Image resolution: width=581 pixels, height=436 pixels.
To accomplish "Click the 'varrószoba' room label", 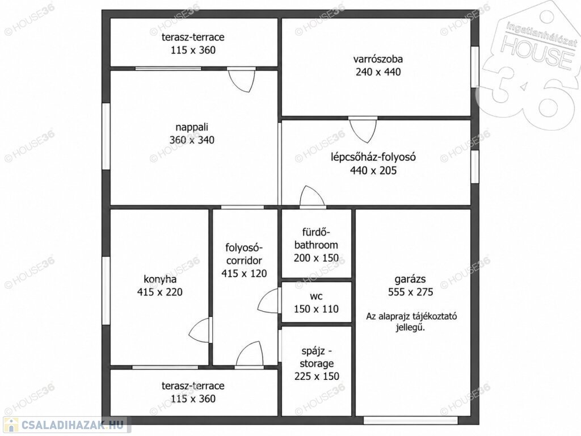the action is click(378, 59).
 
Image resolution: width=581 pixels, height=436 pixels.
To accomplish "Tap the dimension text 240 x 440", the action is click(378, 72).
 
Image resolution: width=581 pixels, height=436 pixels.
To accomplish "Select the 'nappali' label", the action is click(192, 127).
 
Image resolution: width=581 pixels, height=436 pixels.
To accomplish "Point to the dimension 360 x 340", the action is click(192, 140).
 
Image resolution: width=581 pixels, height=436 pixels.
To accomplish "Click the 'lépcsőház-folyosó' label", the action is click(373, 157).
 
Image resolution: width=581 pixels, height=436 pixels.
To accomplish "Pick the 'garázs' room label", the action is click(410, 279).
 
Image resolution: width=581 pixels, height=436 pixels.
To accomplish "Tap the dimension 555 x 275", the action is click(410, 292).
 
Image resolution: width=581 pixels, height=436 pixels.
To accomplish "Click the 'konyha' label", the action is click(159, 279).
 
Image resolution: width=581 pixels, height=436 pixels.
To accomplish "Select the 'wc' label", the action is click(316, 296).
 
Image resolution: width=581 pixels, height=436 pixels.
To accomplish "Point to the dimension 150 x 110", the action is click(316, 309).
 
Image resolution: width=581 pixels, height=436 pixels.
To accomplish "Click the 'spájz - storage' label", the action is click(317, 357).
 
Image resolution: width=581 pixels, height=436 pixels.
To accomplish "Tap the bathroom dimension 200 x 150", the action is click(316, 258).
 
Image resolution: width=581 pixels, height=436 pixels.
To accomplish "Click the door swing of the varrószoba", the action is click(363, 131).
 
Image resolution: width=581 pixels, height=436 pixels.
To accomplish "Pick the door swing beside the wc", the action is click(268, 301).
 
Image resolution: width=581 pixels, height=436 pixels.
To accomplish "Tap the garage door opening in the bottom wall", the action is click(411, 420).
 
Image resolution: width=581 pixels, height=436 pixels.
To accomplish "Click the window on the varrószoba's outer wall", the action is click(475, 67).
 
